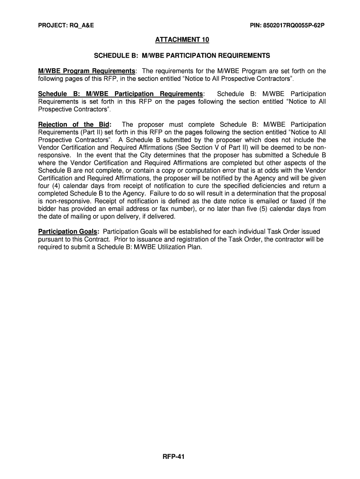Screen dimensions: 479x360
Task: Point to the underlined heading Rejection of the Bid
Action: pos(74,124)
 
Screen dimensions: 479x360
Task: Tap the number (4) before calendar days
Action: pos(55,186)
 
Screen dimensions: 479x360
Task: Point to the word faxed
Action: pos(292,201)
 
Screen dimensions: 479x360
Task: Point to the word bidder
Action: pos(48,209)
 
